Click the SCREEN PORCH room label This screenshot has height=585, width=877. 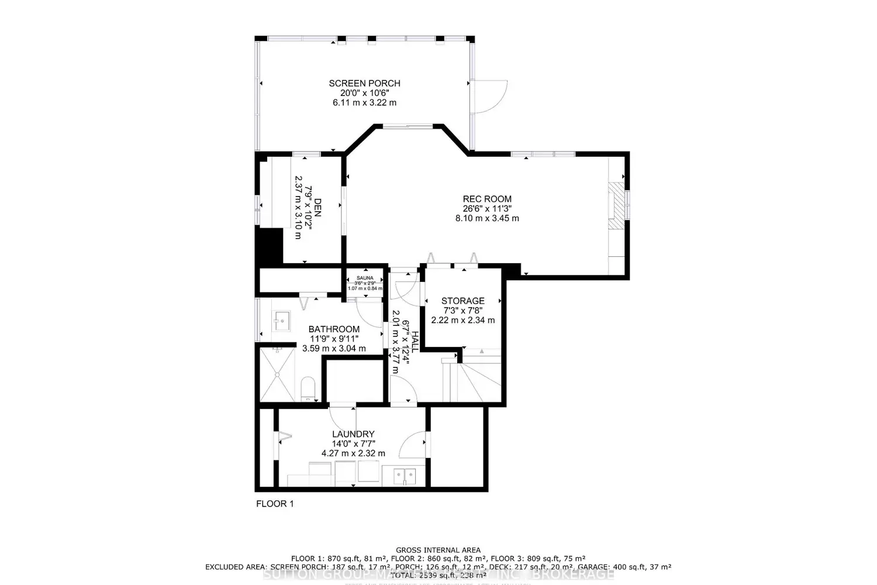[364, 84]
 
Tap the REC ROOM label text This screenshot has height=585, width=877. [487, 199]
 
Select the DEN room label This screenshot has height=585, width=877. [317, 208]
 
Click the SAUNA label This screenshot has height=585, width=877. [365, 278]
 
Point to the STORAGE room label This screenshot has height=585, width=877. [462, 301]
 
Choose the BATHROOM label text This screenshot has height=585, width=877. [334, 329]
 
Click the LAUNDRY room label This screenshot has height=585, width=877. [353, 434]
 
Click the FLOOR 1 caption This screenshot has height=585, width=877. [275, 504]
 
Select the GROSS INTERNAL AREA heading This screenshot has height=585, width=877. [438, 550]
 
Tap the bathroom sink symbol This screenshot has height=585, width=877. [282, 320]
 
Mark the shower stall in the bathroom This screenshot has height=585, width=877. [277, 374]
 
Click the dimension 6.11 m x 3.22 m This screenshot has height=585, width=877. [364, 102]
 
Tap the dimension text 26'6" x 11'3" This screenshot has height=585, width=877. [487, 208]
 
